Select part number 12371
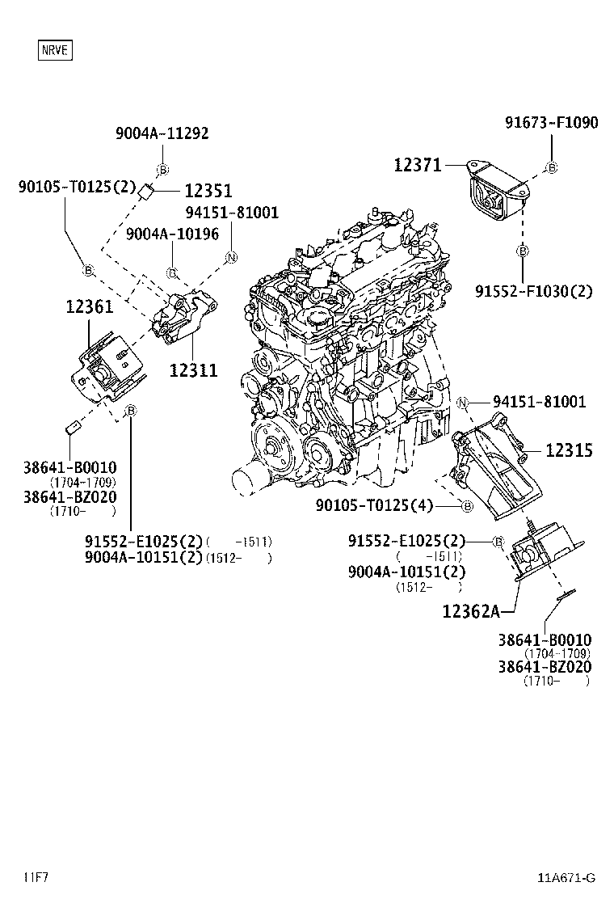point(418,166)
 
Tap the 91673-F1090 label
point(552,123)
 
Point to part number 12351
point(208,192)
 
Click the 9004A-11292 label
point(162,133)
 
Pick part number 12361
point(90,307)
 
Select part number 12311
point(193,370)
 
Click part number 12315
point(568,450)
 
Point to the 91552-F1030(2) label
point(533,291)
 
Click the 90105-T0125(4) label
point(374,506)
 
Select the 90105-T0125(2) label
point(78,188)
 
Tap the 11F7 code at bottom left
point(36,877)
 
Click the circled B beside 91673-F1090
point(552,168)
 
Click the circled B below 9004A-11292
point(162,169)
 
